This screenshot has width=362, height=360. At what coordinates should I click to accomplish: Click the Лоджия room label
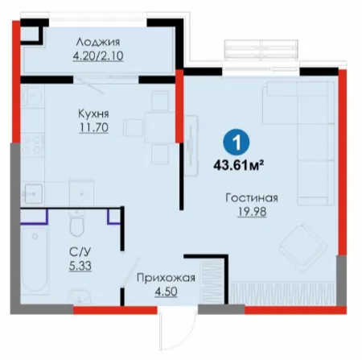tap(98, 43)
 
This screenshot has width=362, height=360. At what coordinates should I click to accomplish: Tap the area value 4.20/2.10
tap(98, 56)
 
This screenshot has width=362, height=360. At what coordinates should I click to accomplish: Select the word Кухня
tap(93, 114)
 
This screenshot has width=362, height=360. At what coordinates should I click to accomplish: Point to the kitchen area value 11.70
tap(94, 127)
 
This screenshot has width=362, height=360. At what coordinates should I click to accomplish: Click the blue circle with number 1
tap(237, 143)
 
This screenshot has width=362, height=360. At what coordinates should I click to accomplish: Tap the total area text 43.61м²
tap(237, 165)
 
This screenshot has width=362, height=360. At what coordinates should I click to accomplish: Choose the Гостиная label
tap(252, 198)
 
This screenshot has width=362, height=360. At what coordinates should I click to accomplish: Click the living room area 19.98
tap(252, 212)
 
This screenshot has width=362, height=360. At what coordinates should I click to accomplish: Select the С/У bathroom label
tap(80, 252)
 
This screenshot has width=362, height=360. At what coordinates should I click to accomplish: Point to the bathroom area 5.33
tap(80, 266)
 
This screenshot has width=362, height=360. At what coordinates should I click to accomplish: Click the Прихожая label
tap(166, 278)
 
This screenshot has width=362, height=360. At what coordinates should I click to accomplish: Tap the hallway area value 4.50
tap(166, 292)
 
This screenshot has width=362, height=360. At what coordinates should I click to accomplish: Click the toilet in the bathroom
tap(77, 223)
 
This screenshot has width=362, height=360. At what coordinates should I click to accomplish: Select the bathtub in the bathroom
tap(35, 259)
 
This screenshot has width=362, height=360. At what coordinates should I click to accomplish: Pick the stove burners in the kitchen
tap(32, 144)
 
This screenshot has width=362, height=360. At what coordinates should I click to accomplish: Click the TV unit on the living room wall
tap(191, 145)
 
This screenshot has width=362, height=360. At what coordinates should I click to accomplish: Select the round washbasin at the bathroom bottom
tap(79, 296)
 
